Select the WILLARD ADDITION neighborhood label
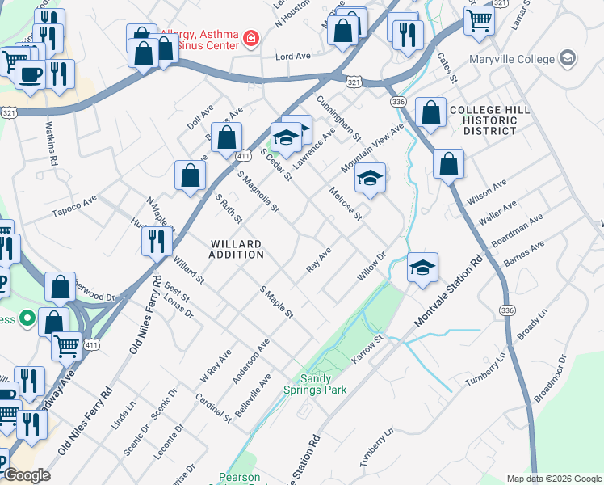coord(236,249)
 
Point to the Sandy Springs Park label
coord(324,384)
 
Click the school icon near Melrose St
coord(370,177)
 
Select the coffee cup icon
coord(31,75)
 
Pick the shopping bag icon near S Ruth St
coord(190,175)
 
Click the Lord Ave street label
coord(293,57)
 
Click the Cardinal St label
coord(214,407)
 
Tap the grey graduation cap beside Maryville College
coord(568,58)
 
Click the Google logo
coord(27,475)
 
